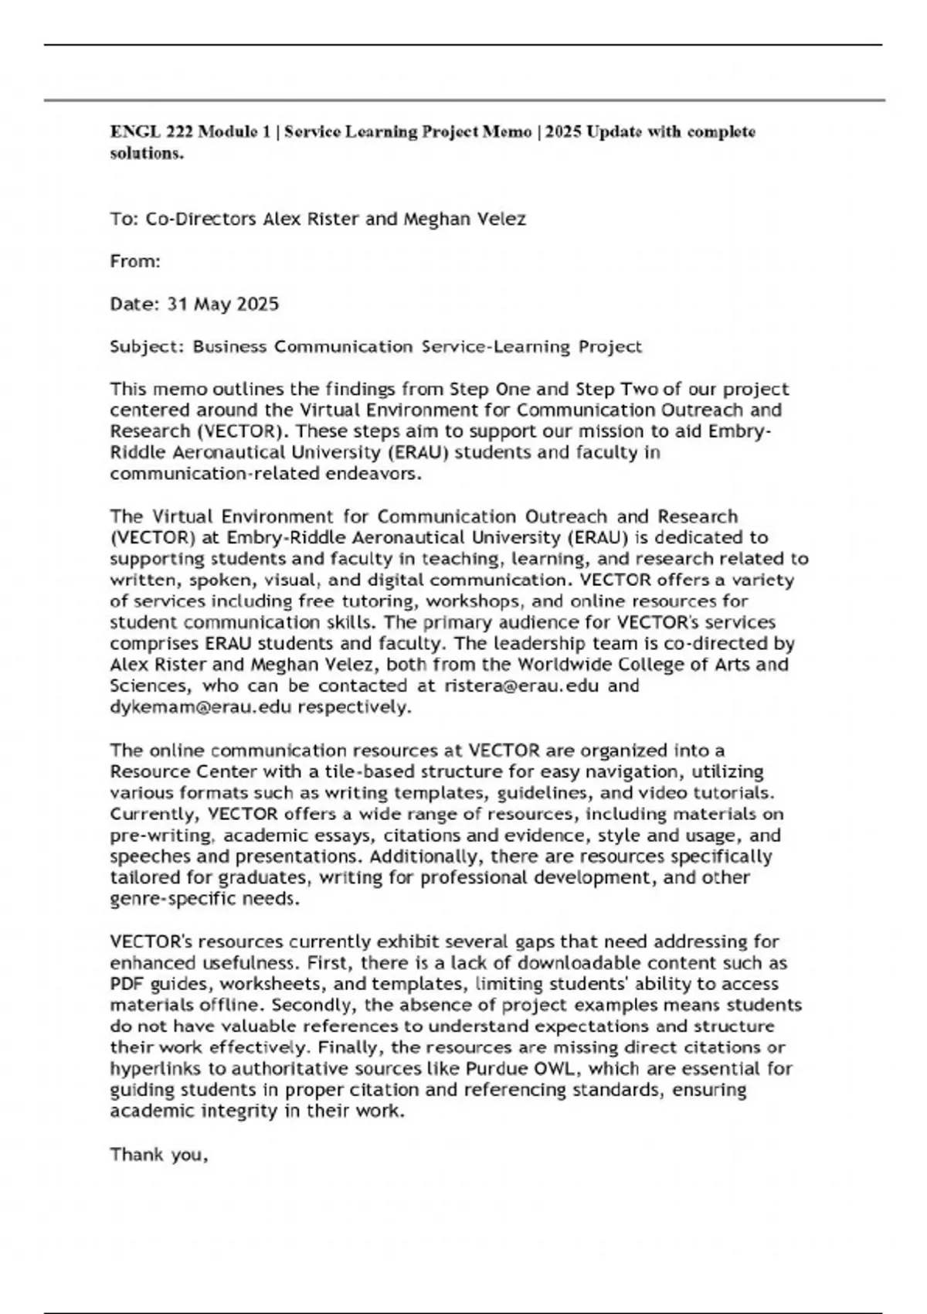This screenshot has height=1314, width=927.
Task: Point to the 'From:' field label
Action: point(135,262)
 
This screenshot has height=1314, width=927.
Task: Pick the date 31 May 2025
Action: point(222,305)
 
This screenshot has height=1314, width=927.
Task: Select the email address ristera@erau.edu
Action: point(521,686)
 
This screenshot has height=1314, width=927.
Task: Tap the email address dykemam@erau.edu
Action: point(200,707)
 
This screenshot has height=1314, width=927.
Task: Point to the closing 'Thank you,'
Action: point(159,1155)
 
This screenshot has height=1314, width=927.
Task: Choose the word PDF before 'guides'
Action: point(127,985)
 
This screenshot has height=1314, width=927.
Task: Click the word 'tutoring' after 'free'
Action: point(382,601)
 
